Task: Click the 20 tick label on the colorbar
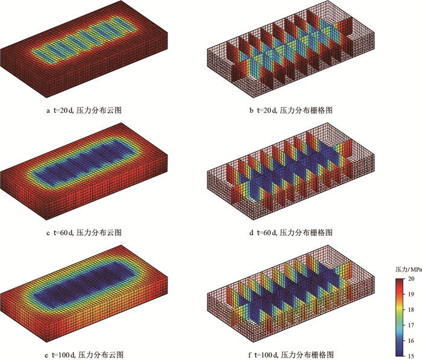pyautogui.click(x=411, y=279)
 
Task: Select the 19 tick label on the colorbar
pyautogui.click(x=411, y=294)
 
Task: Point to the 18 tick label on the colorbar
pyautogui.click(x=411, y=310)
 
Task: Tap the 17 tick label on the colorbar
pyautogui.click(x=411, y=325)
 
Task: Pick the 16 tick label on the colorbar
pyautogui.click(x=411, y=341)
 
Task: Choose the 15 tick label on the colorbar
pyautogui.click(x=411, y=356)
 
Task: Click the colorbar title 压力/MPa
pyautogui.click(x=409, y=270)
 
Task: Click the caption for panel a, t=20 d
pyautogui.click(x=84, y=110)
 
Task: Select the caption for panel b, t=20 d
pyautogui.click(x=291, y=110)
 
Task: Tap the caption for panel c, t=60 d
pyautogui.click(x=84, y=232)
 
